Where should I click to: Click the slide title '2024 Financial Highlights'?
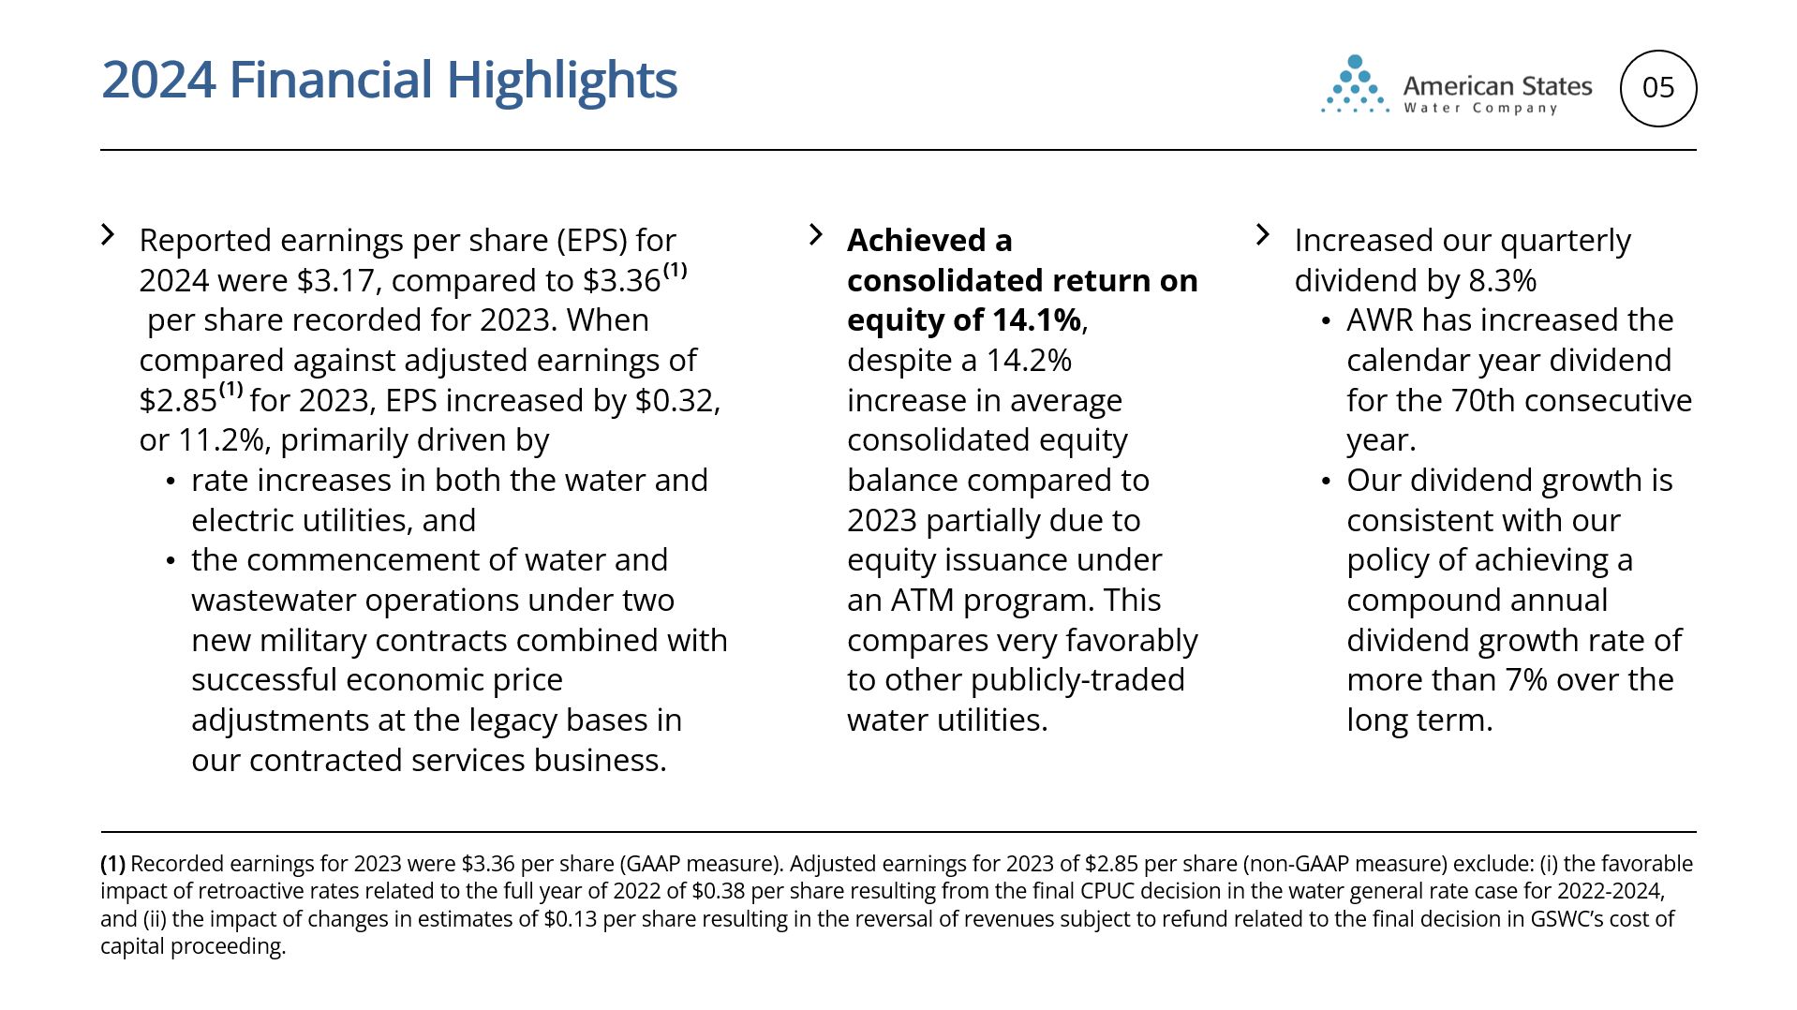click(x=389, y=80)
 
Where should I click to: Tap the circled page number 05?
click(x=1658, y=88)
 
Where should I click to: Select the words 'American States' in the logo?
click(x=1497, y=86)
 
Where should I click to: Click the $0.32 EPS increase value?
click(x=677, y=400)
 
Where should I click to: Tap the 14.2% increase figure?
click(x=1029, y=361)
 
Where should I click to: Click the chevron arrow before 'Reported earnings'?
click(x=109, y=234)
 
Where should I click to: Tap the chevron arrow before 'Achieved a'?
click(x=816, y=234)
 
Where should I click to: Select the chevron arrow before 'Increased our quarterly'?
click(x=1263, y=234)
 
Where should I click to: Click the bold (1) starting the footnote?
click(x=112, y=864)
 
